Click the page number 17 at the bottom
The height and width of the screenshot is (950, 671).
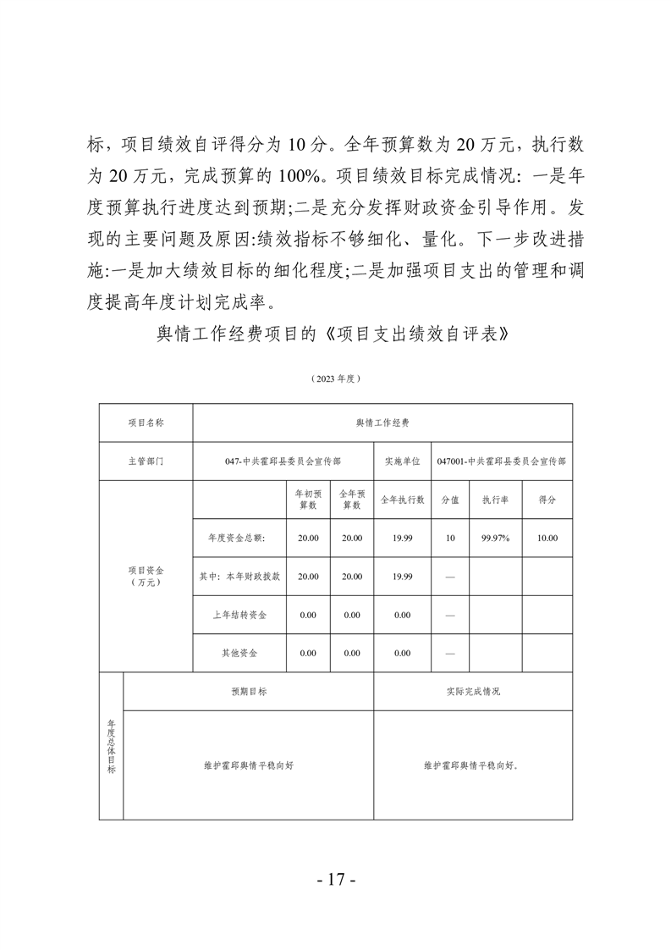pos(335,879)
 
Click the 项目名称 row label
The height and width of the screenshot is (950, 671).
pos(146,422)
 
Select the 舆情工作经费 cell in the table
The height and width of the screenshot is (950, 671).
pos(382,422)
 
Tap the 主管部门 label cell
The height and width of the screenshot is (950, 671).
pos(146,461)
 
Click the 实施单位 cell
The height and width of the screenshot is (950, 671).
pos(402,461)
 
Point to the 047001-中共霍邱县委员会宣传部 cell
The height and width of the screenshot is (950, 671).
pos(501,461)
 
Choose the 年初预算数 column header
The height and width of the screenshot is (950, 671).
pos(308,500)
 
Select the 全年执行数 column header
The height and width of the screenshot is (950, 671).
pos(402,500)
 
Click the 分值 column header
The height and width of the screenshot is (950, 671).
pos(450,500)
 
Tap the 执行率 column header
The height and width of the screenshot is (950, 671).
pos(495,500)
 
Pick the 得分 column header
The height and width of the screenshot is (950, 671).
pos(547,500)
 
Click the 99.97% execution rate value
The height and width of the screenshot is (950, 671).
pos(495,538)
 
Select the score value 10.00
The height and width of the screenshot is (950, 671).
pos(547,538)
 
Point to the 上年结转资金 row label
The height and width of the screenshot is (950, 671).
pos(239,615)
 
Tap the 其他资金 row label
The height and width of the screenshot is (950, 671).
pos(239,653)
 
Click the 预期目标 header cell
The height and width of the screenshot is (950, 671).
pos(249,692)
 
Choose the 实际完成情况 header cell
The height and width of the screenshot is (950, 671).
pos(473,692)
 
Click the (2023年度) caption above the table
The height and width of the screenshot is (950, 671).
pos(335,378)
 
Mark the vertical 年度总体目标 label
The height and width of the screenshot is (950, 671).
pos(111,746)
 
